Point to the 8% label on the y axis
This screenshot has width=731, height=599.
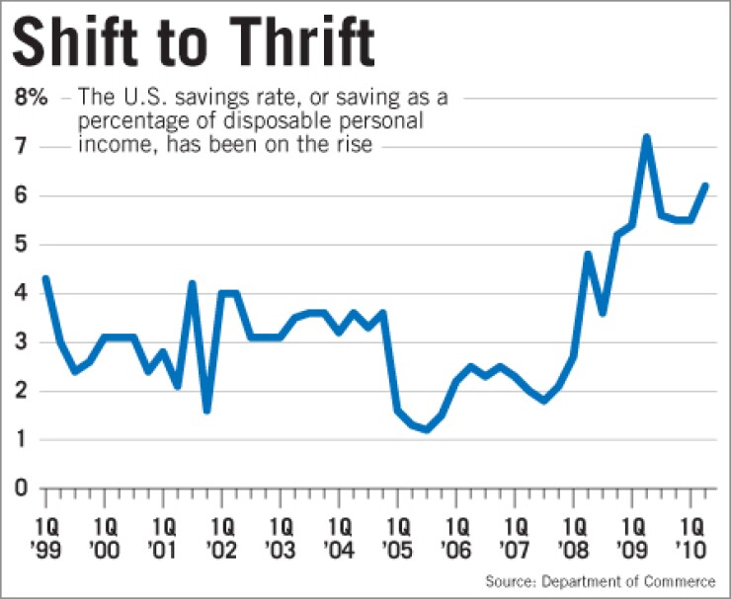[x=30, y=98]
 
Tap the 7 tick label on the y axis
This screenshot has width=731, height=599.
[x=21, y=147]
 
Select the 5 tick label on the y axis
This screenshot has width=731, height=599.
[x=21, y=245]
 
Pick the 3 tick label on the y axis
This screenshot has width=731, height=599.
[x=21, y=342]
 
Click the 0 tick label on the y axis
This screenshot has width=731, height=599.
[x=21, y=489]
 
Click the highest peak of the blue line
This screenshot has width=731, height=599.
[x=646, y=137]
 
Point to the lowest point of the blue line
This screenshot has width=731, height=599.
[x=426, y=429]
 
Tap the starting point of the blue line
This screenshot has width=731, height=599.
[x=45, y=278]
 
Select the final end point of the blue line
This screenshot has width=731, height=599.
[x=704, y=186]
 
